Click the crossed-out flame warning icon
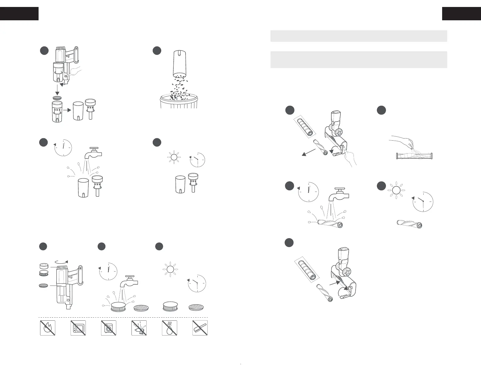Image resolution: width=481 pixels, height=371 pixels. point(48,328)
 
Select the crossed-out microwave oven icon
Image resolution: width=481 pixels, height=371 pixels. point(78,328)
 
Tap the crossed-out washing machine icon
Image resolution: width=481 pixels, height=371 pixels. point(109,328)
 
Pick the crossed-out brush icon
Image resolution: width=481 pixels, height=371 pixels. point(200,328)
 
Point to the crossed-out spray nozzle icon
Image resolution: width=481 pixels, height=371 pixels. point(139,328)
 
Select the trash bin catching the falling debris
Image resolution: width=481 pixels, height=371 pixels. point(179,101)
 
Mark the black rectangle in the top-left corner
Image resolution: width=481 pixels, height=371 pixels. point(19,14)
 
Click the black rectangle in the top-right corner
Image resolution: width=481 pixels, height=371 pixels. point(461,14)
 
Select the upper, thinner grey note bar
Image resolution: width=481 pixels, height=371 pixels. point(359,36)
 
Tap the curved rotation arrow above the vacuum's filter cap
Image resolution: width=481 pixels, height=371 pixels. point(60,262)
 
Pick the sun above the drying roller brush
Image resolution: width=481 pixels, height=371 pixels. point(395,190)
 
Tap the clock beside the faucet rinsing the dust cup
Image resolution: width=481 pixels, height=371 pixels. point(63,148)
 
